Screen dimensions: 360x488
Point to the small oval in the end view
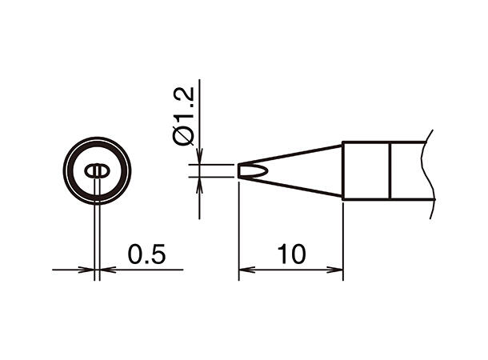point(96,170)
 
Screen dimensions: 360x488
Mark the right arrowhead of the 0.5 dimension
point(104,270)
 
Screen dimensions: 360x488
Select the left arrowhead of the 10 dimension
point(245,270)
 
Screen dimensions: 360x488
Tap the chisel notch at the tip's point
point(250,170)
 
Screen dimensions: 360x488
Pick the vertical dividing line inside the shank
point(390,170)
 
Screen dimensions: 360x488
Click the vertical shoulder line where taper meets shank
point(343,170)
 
